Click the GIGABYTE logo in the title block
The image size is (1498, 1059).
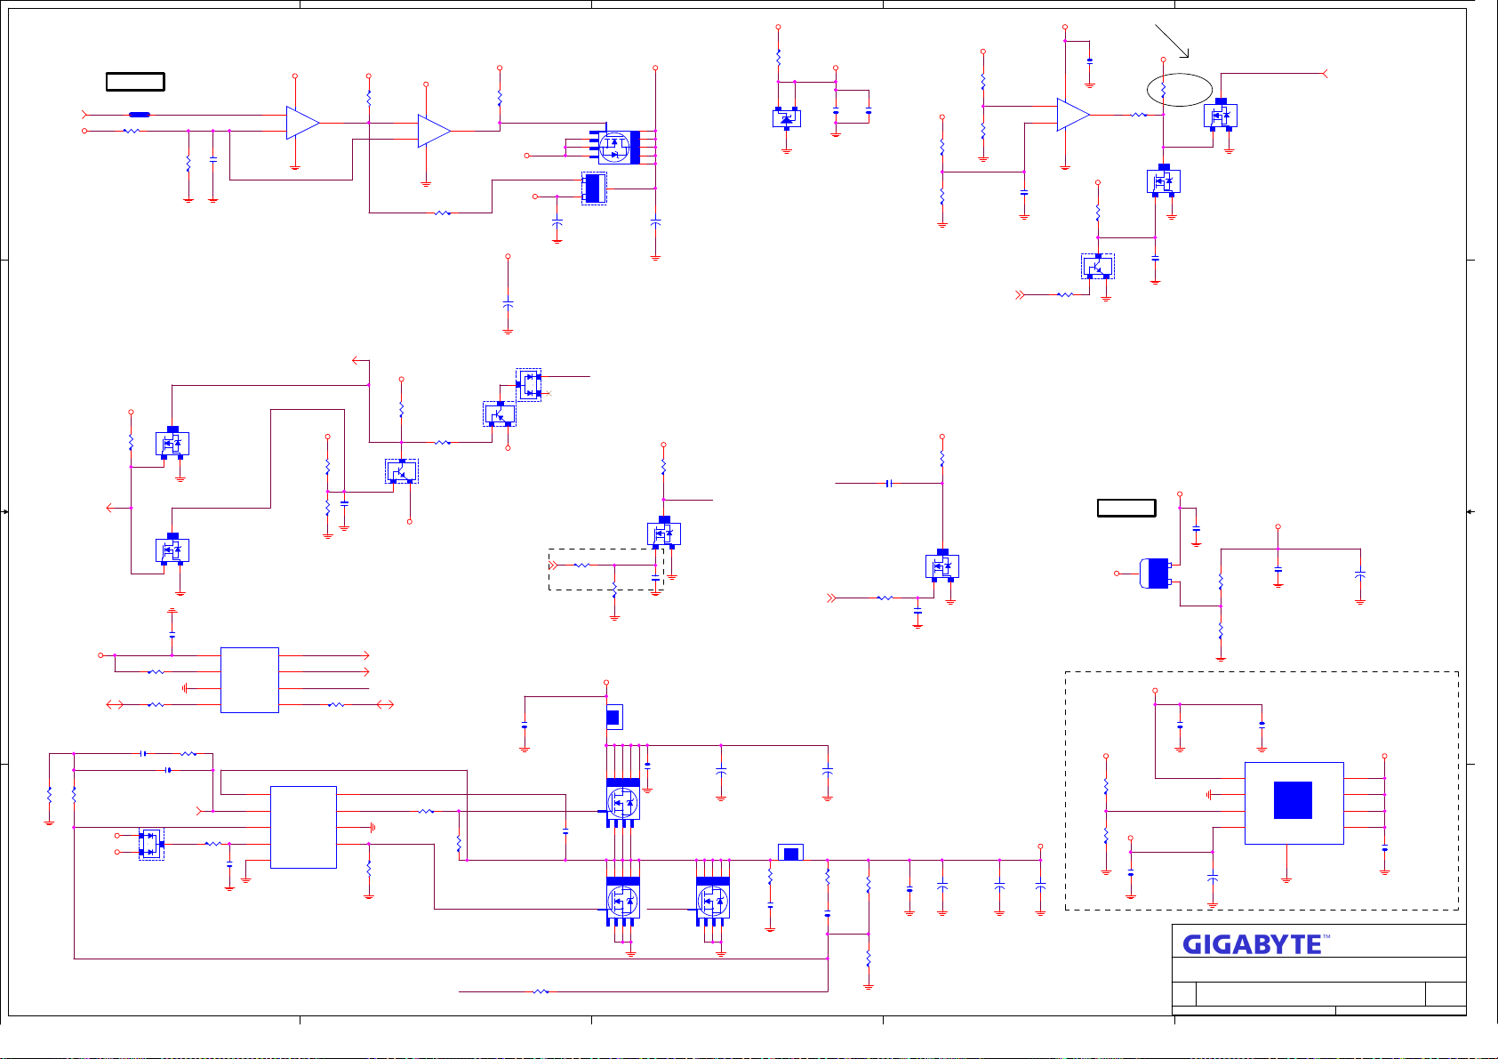[x=1252, y=944]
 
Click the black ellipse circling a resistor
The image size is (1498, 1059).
[x=1180, y=89]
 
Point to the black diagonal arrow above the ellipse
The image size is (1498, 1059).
[x=1172, y=41]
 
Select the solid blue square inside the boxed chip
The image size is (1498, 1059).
[x=1293, y=800]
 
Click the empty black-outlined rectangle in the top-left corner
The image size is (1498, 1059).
[x=135, y=82]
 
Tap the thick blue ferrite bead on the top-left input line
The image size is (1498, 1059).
[x=140, y=115]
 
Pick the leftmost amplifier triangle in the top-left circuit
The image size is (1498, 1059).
[x=302, y=123]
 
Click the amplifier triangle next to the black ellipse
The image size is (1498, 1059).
[x=1073, y=115]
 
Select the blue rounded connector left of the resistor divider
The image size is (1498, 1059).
[x=1155, y=574]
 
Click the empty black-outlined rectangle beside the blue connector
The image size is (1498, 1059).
[x=1126, y=508]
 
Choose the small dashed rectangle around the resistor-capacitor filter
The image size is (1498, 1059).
[x=606, y=569]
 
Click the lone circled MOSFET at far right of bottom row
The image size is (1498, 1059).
[x=713, y=901]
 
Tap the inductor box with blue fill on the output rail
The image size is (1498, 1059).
[x=790, y=854]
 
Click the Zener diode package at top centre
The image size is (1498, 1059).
[x=787, y=117]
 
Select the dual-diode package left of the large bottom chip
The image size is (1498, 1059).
[x=151, y=844]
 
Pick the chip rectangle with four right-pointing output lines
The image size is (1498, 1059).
[x=250, y=680]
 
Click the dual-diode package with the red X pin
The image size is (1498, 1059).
[x=529, y=385]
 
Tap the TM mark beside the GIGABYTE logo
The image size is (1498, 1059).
[x=1326, y=937]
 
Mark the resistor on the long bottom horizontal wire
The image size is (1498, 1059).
[x=541, y=991]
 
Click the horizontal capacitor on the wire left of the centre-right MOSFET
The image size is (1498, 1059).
[x=889, y=484]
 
